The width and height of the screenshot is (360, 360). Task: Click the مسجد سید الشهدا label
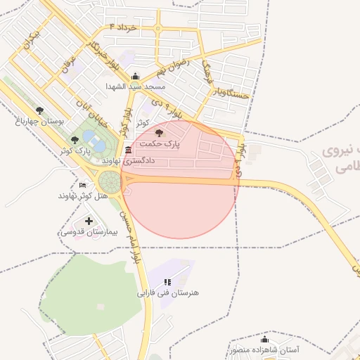[136, 86]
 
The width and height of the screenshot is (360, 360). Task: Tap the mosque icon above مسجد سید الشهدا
[136, 77]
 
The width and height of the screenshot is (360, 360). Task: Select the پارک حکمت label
[160, 143]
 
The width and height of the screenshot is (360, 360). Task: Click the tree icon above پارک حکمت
[160, 132]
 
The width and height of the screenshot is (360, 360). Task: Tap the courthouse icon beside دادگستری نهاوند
[127, 151]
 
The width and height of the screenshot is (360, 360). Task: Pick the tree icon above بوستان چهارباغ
[39, 110]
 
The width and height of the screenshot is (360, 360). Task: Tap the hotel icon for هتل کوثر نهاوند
[83, 185]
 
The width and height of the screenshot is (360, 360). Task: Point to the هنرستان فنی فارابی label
[168, 292]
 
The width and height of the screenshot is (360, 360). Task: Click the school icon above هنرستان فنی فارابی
[167, 282]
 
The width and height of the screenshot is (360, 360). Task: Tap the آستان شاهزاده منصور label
[264, 349]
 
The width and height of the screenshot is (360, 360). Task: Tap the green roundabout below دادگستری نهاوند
[110, 181]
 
